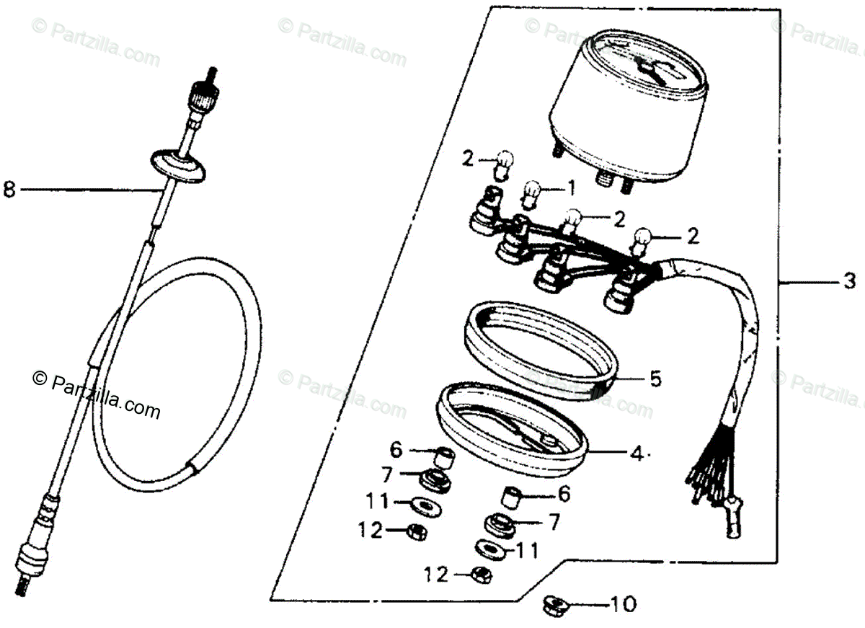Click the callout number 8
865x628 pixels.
tap(9, 190)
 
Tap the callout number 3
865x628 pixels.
tap(849, 280)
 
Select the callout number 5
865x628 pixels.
tap(655, 379)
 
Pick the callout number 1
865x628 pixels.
tap(571, 190)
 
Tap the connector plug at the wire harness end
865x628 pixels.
tap(732, 521)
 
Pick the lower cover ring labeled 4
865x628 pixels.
tap(511, 425)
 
